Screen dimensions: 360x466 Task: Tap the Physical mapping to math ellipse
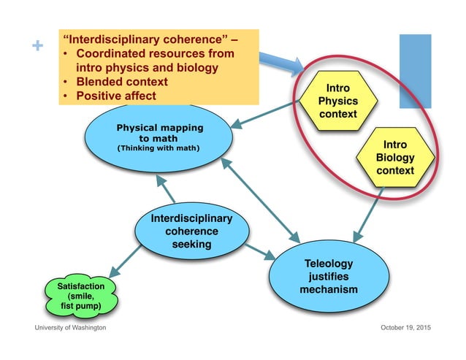160,138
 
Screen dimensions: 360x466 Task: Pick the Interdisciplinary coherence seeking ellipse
191,231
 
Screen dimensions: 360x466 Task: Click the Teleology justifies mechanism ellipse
329,276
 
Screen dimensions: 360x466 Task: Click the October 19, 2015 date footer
405,328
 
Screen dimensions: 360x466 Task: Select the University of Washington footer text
71,328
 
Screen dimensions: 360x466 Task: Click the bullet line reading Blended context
126,81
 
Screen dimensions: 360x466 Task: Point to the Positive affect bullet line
119,95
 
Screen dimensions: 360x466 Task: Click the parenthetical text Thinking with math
159,150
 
